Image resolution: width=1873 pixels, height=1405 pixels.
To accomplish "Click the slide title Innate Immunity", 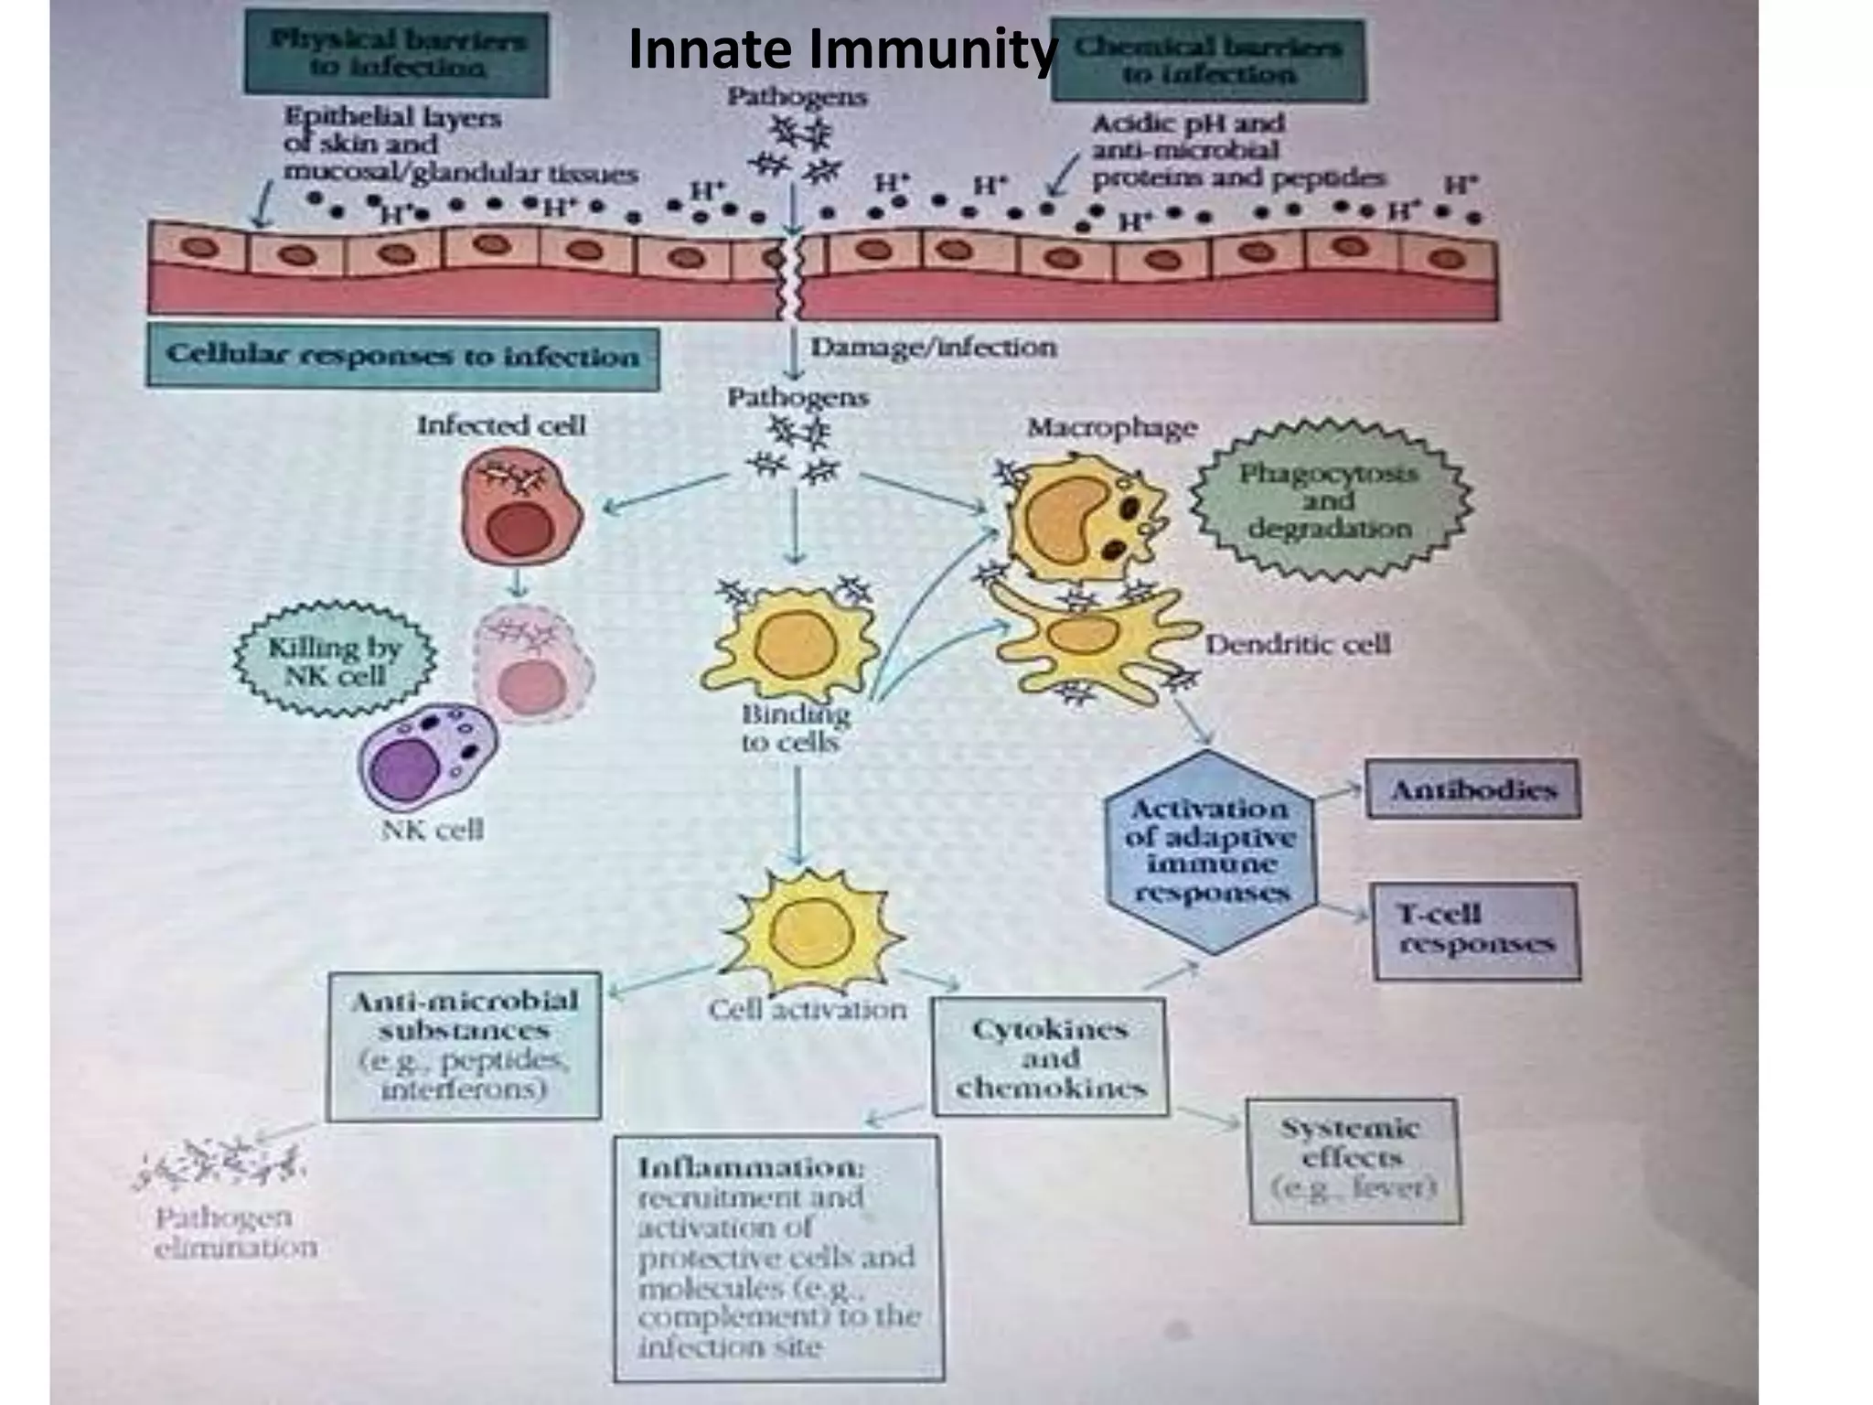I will point(841,50).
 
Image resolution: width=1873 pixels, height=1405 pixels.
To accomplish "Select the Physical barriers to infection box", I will point(396,55).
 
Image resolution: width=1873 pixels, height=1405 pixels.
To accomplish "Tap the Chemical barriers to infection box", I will point(1207,60).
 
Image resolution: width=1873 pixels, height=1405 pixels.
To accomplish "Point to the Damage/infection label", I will point(933,348).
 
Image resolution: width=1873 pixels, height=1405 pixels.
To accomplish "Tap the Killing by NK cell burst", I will point(334,660).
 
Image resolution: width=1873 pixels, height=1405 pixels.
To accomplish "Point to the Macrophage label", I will point(1111,427).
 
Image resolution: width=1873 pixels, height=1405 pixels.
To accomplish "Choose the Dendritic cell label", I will point(1297,644).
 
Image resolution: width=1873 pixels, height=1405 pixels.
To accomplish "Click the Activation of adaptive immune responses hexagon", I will point(1210,851).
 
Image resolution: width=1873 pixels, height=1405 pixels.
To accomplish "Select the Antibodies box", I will point(1472,789).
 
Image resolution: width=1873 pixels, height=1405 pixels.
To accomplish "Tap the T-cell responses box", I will point(1475,929).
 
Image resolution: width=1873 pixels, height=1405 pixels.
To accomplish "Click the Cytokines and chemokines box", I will point(1050,1057).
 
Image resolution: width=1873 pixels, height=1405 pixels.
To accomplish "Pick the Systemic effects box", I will point(1353,1158).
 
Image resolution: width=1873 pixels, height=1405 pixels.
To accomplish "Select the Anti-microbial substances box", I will point(464,1045).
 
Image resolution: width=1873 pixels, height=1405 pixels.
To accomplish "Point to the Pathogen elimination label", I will point(235,1232).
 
